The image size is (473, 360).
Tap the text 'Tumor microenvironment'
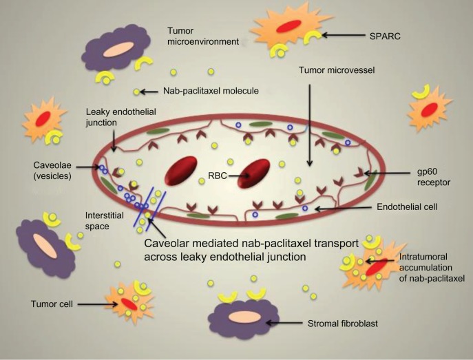[200, 36]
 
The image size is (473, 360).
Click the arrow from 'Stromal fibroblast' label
[284, 322]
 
